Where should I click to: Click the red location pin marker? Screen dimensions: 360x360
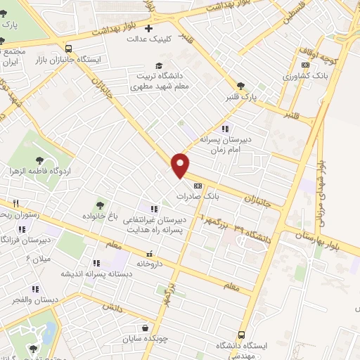[181, 165]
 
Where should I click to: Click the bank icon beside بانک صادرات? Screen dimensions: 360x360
[198, 186]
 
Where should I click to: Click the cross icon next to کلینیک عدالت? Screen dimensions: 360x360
[148, 29]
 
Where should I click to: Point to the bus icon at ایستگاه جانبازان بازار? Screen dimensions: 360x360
[68, 49]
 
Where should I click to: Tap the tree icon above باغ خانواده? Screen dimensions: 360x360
[98, 204]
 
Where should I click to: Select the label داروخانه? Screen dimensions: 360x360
[150, 265]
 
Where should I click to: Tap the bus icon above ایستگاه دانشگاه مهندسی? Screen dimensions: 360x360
[242, 335]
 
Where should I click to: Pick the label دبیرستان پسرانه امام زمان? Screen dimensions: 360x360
[224, 144]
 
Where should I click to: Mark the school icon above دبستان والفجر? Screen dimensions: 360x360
[35, 289]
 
